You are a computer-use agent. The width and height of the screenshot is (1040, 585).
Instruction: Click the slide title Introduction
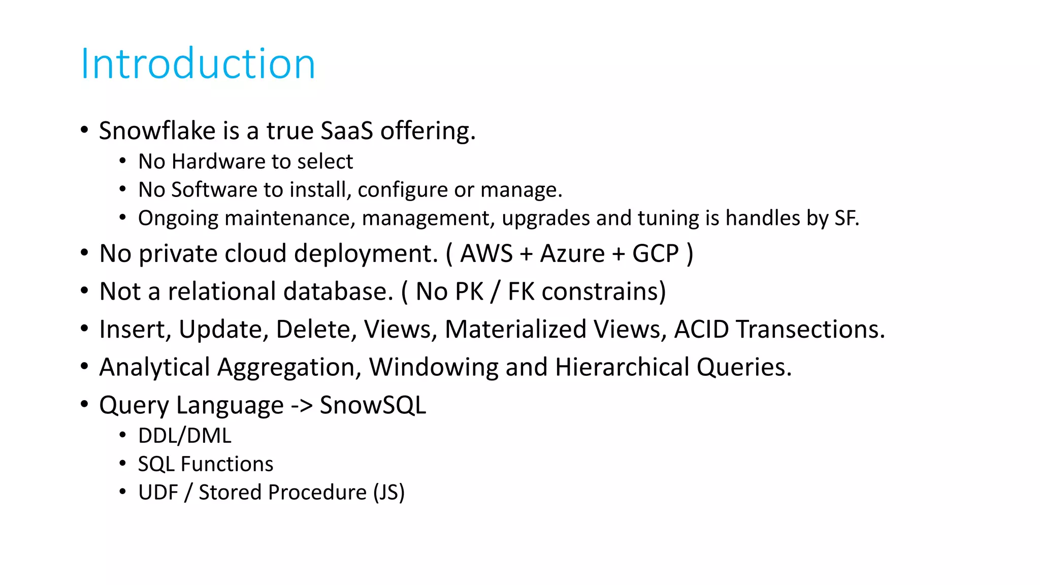(198, 64)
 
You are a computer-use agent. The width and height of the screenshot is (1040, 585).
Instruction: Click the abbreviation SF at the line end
(844, 218)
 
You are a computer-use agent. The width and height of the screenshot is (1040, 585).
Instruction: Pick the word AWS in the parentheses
(486, 253)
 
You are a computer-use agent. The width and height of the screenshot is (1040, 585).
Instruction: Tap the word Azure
(572, 253)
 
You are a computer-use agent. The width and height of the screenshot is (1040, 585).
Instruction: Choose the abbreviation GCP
(655, 253)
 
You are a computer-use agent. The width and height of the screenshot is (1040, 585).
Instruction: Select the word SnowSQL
(373, 405)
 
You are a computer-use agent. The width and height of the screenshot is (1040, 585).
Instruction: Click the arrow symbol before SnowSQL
(301, 406)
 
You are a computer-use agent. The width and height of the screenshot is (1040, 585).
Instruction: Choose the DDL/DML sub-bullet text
(185, 436)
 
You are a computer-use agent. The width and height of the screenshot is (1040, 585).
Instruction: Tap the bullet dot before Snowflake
(84, 129)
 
